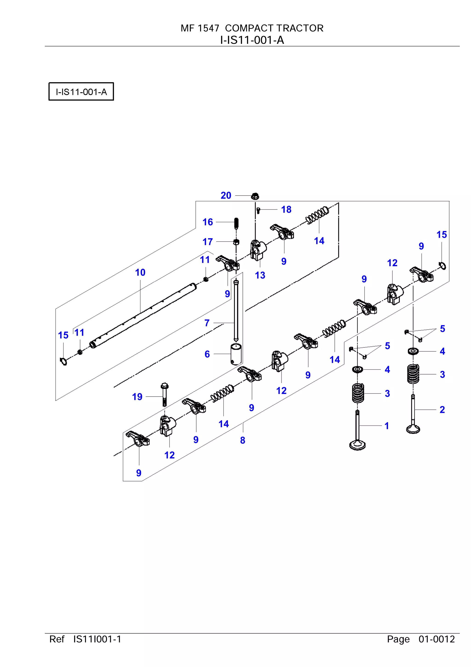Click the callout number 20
226,195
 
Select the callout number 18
286,210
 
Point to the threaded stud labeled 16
236,223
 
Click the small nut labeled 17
236,242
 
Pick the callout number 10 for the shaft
140,273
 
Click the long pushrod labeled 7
236,311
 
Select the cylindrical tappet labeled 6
236,354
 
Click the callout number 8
243,440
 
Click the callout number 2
442,410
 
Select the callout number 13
260,275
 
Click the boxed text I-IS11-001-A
81,92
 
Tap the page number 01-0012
437,639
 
